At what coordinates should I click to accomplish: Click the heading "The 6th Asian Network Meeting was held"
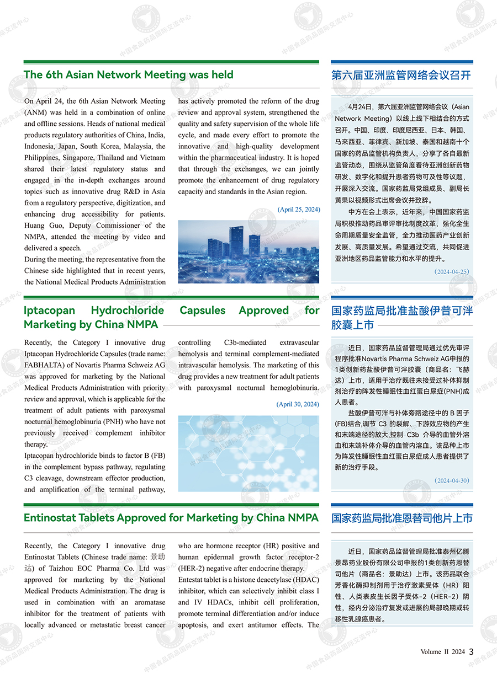pos(129,75)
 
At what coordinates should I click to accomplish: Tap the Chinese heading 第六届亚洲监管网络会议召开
pos(401,75)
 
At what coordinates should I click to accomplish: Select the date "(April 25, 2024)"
pos(298,210)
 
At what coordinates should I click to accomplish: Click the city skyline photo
pos(248,252)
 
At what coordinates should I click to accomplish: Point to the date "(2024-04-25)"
pos(451,271)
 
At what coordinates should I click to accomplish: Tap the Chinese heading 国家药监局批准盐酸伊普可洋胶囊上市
pos(402,318)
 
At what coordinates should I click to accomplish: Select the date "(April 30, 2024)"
pos(298,404)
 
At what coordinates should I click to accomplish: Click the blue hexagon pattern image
pos(248,453)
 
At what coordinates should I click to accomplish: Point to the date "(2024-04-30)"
pos(451,480)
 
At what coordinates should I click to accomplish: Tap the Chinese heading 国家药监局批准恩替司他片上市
pos(402,518)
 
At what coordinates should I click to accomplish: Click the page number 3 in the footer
pos(471,651)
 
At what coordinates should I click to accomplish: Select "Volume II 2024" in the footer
pos(442,652)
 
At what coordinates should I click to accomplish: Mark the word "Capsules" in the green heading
pos(203,311)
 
